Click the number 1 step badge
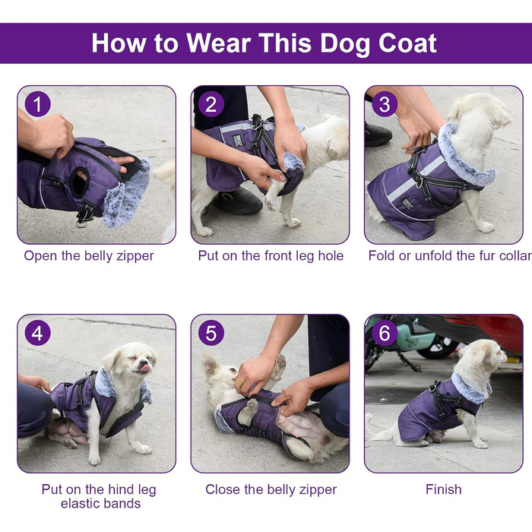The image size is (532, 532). (x=37, y=104)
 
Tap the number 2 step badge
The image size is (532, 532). (x=211, y=104)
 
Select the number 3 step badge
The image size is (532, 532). (x=385, y=104)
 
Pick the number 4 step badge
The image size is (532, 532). (x=37, y=333)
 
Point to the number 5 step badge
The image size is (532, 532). (x=211, y=333)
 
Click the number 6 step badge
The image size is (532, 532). (x=385, y=333)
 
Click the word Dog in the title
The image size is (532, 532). (x=345, y=43)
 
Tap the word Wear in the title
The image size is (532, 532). (x=219, y=43)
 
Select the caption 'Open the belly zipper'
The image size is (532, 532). (x=89, y=256)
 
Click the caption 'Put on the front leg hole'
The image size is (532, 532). (x=271, y=256)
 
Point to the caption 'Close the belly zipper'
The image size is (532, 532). (x=271, y=489)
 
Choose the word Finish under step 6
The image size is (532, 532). (x=443, y=489)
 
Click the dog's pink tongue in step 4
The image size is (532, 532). (x=145, y=367)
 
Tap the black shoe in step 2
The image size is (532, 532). (x=237, y=201)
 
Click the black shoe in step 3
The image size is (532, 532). (x=378, y=135)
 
